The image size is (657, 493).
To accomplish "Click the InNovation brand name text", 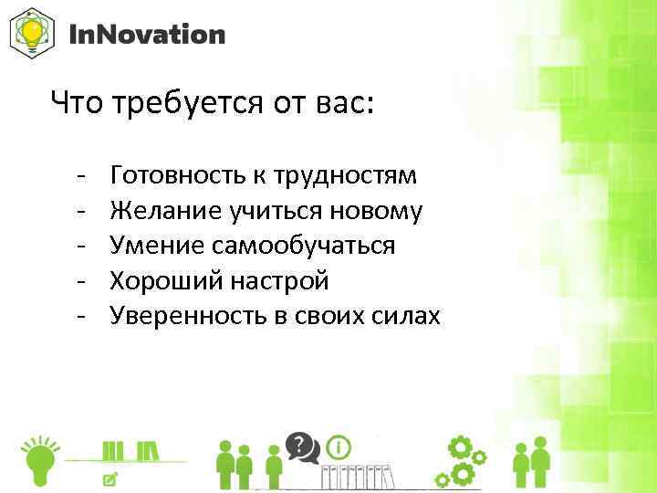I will [x=147, y=35].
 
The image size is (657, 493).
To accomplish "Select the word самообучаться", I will [x=305, y=246].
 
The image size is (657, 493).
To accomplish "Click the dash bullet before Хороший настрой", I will [x=81, y=280].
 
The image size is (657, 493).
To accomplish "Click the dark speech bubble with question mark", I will [x=300, y=446].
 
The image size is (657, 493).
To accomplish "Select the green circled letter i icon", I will [x=339, y=447].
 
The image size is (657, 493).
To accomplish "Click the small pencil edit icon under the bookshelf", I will [x=110, y=478].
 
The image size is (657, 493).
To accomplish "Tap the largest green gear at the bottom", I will [x=461, y=450].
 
